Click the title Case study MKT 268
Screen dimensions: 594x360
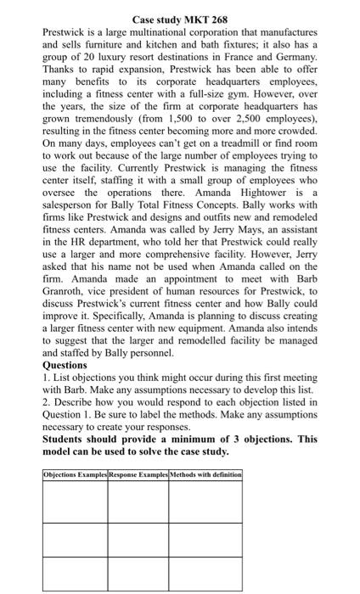(179, 18)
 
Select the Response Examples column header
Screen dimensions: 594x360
(138, 474)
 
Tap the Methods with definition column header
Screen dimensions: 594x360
(206, 474)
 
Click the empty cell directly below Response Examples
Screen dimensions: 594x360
(138, 502)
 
